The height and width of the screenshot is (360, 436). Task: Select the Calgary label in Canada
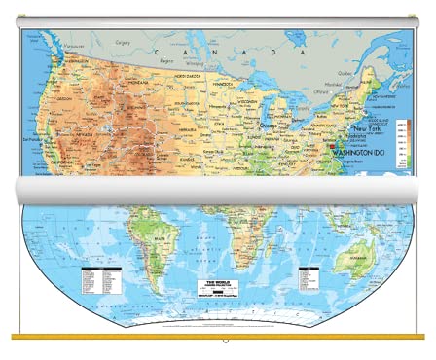tap(124, 43)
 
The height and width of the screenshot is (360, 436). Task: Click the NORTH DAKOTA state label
tap(191, 75)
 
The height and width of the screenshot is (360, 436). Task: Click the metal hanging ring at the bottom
tap(225, 342)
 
